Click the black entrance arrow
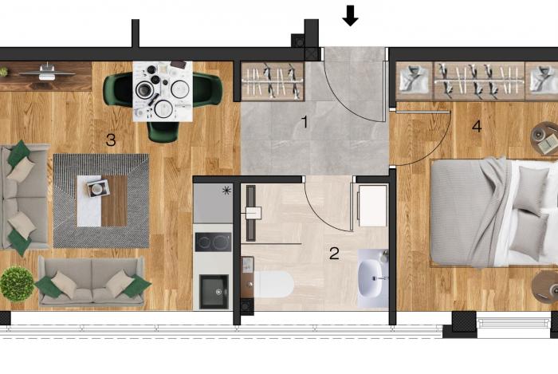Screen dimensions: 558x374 click(350, 16)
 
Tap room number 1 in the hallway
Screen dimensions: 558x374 click(305, 122)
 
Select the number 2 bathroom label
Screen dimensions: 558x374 click(334, 254)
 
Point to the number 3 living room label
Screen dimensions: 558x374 click(111, 140)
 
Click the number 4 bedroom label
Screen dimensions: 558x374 click(477, 126)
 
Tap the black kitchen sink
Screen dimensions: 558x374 click(214, 291)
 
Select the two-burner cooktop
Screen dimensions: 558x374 click(213, 242)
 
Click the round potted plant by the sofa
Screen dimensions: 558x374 click(17, 284)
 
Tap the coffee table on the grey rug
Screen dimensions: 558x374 click(102, 201)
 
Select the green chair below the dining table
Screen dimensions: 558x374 click(163, 132)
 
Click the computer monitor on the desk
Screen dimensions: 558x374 click(47, 72)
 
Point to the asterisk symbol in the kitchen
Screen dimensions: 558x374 click(226, 191)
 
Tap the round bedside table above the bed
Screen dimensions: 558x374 click(544, 138)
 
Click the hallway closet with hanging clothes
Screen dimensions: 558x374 click(273, 81)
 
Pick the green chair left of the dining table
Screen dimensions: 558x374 click(118, 89)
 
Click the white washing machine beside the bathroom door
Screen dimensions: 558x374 click(372, 205)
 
